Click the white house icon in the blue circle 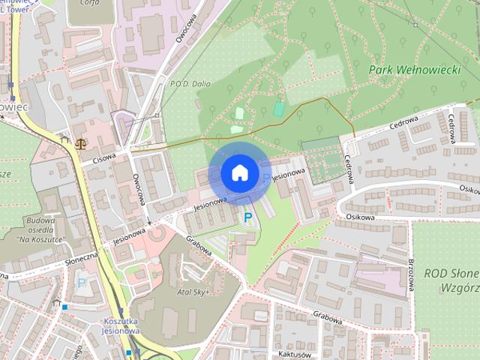238,173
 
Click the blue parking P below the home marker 247,217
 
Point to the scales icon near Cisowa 80,139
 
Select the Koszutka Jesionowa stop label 118,325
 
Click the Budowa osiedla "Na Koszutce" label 43,229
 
